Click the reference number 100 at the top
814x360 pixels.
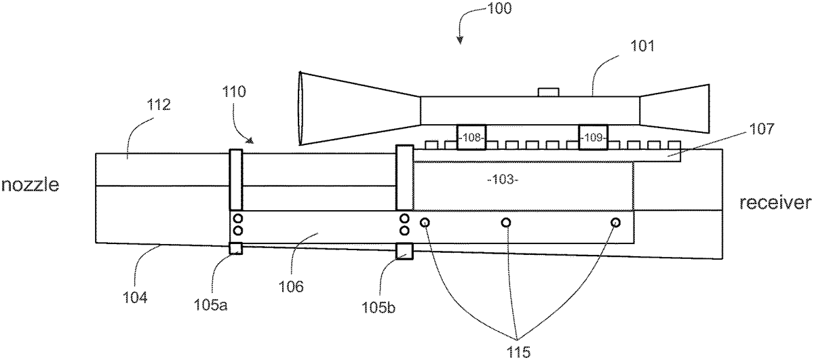(499, 8)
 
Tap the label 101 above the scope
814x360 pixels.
(642, 46)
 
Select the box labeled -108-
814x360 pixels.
(471, 138)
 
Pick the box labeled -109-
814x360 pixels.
(593, 138)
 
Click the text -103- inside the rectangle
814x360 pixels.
(503, 180)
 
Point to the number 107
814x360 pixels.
(761, 129)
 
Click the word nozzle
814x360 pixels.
(30, 184)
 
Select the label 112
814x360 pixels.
(159, 104)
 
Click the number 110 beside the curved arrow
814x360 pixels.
(234, 92)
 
